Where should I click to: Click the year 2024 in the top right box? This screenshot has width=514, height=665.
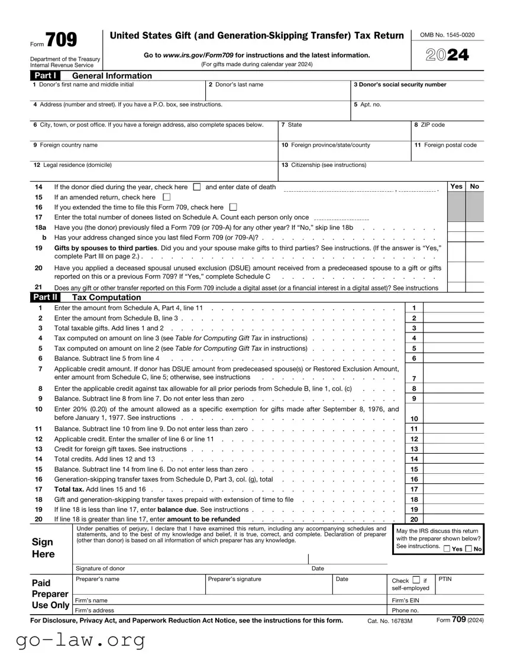[x=447, y=55]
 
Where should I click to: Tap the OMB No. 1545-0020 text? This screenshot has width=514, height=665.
[x=447, y=35]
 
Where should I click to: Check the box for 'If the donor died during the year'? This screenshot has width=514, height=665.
[x=197, y=187]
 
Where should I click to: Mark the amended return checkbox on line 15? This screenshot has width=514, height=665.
[x=166, y=197]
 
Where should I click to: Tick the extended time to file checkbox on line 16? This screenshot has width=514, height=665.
[x=232, y=207]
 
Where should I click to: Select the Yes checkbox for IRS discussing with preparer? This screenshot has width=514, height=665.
[x=447, y=549]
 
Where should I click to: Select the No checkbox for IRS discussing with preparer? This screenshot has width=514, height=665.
[x=469, y=549]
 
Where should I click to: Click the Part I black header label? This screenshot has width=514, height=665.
[x=46, y=76]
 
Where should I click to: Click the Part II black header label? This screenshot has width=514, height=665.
[x=46, y=298]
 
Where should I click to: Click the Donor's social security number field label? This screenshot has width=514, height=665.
[x=400, y=85]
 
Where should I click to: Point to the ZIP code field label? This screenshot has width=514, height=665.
[x=429, y=125]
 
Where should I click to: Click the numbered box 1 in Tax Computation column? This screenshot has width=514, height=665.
[x=414, y=308]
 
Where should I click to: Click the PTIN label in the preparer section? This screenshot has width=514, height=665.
[x=445, y=579]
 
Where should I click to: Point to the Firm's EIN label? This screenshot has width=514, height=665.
[x=405, y=601]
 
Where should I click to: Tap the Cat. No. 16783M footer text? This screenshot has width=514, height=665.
[x=390, y=621]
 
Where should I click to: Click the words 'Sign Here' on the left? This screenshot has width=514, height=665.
[x=43, y=548]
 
